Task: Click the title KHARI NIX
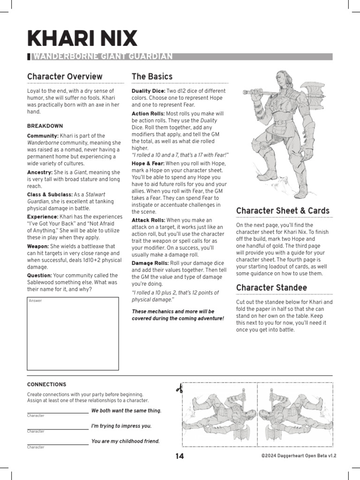coord(82,38)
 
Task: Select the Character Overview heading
coord(65,76)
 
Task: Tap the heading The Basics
coord(152,76)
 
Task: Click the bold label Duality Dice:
coord(149,90)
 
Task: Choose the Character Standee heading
coord(271,287)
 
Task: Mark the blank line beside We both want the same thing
coord(58,412)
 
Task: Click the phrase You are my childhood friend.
coord(126,441)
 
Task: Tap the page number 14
coord(180,456)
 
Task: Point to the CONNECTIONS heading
coord(46,384)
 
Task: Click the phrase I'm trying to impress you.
coord(121,426)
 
